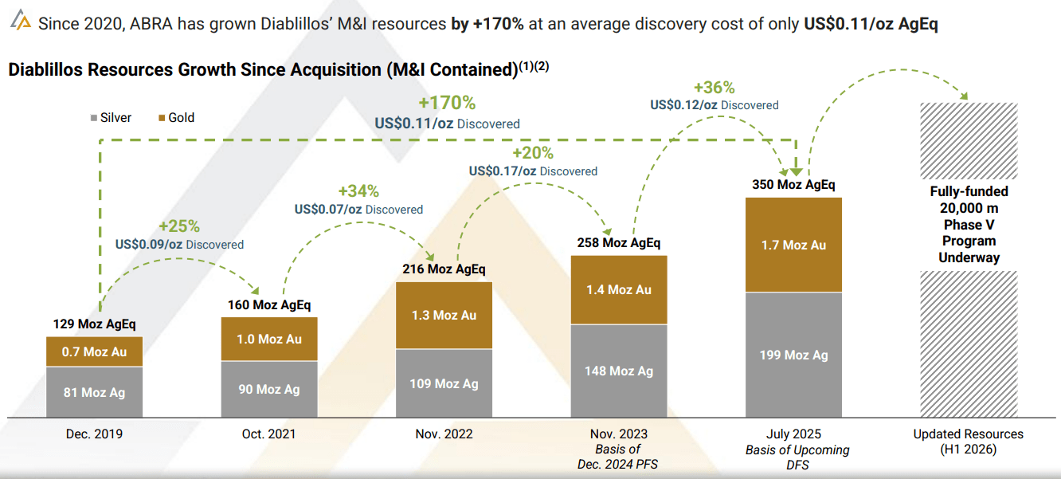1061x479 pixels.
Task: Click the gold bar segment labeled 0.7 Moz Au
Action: click(x=94, y=351)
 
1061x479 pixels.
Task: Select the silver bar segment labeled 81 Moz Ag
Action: click(x=94, y=392)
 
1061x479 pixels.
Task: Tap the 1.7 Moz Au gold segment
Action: click(x=793, y=245)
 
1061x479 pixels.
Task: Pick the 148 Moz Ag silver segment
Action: click(x=619, y=371)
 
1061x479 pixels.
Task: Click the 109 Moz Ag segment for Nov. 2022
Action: click(x=444, y=383)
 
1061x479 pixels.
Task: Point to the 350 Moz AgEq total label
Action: click(x=793, y=185)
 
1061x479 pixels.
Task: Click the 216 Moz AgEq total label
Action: click(x=444, y=269)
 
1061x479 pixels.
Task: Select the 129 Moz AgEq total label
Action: click(x=94, y=324)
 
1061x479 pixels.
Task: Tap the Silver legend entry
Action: click(x=111, y=118)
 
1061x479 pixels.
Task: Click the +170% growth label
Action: click(x=447, y=104)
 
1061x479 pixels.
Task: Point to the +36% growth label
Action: click(x=714, y=88)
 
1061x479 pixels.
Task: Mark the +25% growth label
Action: click(x=179, y=226)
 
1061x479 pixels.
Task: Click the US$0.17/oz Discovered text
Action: click(x=533, y=171)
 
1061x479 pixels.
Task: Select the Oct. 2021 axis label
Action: click(x=269, y=434)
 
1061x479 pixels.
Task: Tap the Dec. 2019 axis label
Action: click(x=94, y=434)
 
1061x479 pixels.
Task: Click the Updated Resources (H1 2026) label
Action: click(x=968, y=442)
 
